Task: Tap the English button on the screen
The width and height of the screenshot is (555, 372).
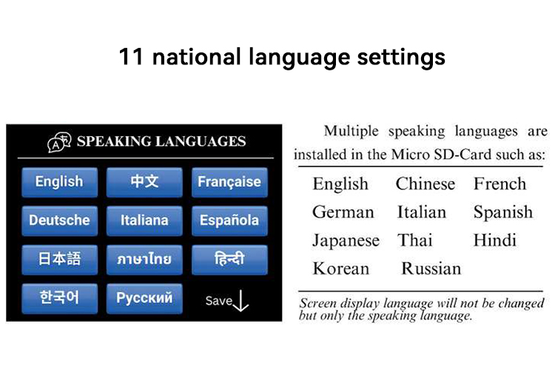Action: pos(59,182)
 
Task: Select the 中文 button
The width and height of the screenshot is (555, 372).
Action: pos(144,182)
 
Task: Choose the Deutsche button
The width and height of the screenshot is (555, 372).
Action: pos(59,220)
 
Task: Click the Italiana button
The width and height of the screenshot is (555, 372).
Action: pos(144,220)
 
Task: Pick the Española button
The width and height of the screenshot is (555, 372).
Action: pos(229,220)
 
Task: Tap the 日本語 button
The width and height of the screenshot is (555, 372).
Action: pos(59,260)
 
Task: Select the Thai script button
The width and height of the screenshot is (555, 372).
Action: pos(144,260)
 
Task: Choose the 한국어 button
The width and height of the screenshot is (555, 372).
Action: pos(59,298)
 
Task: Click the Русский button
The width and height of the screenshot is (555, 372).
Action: pos(144,298)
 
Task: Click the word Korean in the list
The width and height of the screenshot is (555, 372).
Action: pos(340,268)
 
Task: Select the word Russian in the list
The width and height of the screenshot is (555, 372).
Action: pos(431,268)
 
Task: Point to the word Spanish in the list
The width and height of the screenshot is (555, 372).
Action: pos(502,212)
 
